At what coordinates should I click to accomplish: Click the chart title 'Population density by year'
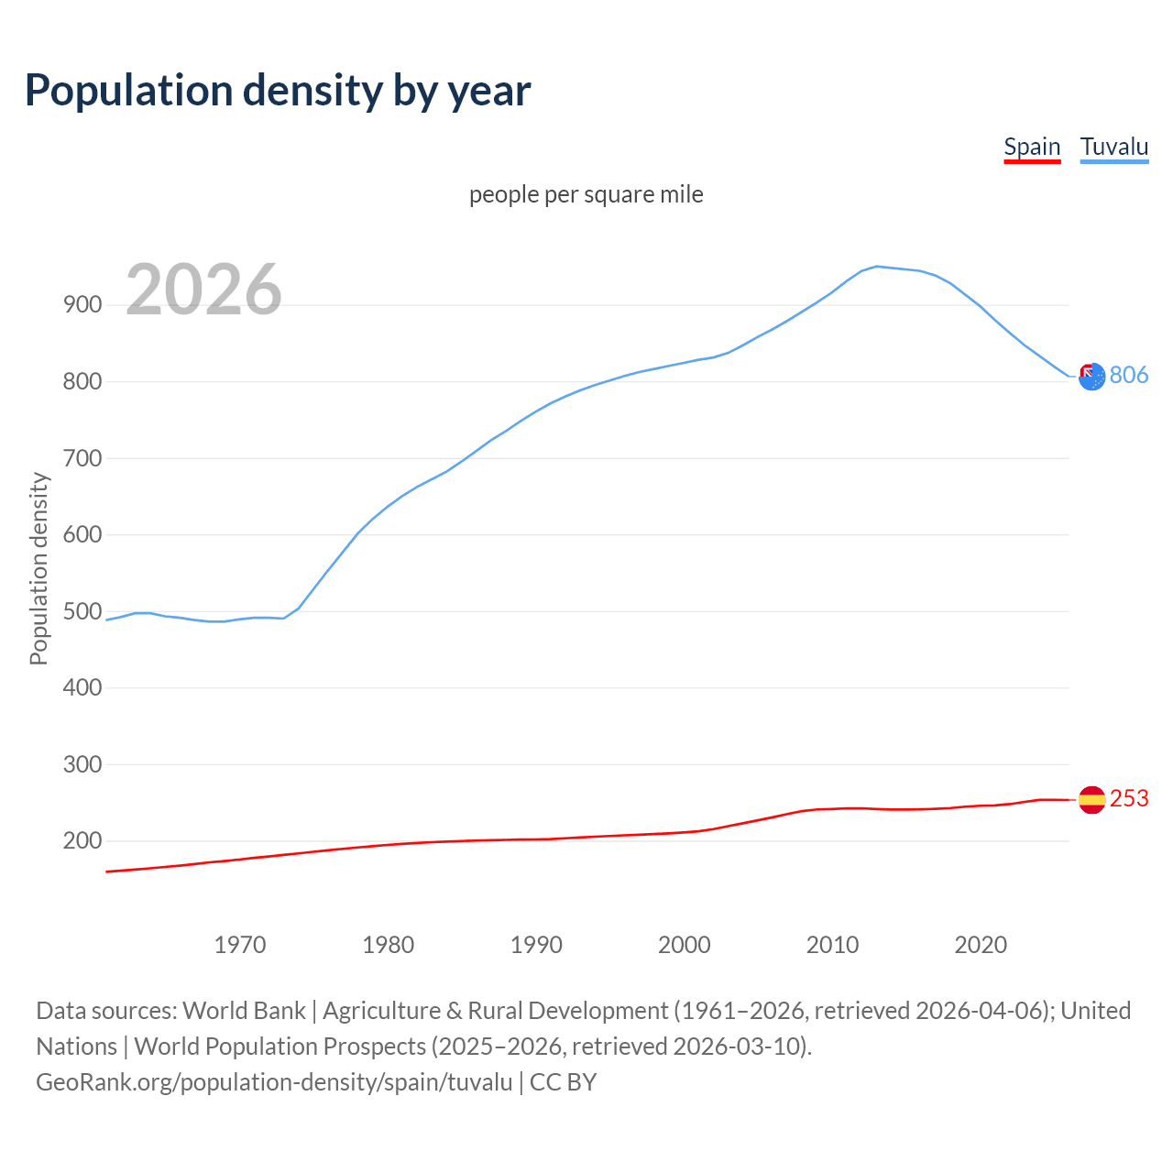coord(278,90)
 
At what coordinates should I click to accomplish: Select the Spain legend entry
coord(1032,147)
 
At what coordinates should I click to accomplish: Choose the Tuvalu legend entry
coord(1113,147)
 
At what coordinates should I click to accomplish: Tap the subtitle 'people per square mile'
coord(586,194)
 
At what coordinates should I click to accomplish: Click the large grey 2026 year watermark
coord(203,290)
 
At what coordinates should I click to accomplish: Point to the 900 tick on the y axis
coord(82,305)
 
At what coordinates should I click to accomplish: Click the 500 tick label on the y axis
coord(82,611)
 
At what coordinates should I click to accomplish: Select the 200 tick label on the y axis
coord(82,840)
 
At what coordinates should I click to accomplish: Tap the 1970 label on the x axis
coord(240,944)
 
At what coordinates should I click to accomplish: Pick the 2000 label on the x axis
coord(685,944)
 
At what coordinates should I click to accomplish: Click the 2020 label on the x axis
coord(981,944)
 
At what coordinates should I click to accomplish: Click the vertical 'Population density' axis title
coord(38,568)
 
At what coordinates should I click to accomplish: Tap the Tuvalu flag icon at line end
coord(1091,376)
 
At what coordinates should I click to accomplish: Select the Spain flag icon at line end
coord(1091,800)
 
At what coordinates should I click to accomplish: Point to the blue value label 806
coord(1129,375)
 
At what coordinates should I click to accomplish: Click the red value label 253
coord(1129,799)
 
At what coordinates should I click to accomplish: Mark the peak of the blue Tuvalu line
coord(877,266)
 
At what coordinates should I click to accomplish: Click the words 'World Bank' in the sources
coord(244,1010)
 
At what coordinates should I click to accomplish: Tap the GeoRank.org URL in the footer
coord(274,1081)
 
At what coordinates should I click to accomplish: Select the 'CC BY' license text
coord(564,1081)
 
